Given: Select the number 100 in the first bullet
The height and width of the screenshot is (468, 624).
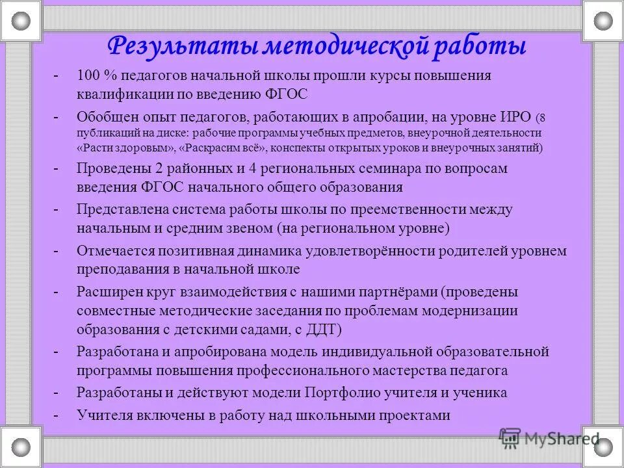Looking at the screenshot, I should [x=88, y=75].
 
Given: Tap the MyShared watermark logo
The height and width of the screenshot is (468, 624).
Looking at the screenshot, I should [x=550, y=437].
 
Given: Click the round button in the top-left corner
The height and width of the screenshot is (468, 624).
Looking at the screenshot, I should [x=21, y=21].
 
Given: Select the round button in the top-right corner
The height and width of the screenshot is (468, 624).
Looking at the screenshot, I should [x=603, y=21].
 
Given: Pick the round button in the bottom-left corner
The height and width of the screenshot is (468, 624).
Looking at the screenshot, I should [x=21, y=447].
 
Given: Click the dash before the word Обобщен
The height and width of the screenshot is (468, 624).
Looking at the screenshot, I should [x=57, y=118].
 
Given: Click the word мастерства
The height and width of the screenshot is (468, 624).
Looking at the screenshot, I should [x=411, y=371].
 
